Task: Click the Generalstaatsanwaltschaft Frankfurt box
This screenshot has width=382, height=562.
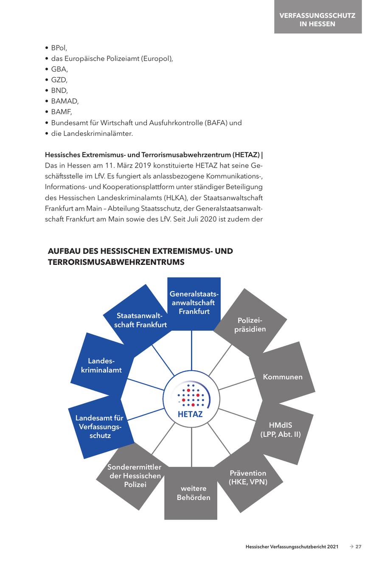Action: (x=194, y=303)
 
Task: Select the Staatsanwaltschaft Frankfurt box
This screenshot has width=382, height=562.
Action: (x=141, y=320)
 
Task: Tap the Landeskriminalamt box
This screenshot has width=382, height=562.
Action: (x=101, y=365)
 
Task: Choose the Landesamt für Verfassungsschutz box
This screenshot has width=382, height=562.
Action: (x=100, y=427)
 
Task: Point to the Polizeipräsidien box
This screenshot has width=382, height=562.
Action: (x=250, y=325)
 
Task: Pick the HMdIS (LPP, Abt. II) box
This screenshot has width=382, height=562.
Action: (x=280, y=430)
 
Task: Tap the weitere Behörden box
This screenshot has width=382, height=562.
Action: (x=193, y=493)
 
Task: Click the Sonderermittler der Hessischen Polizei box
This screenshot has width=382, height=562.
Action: (x=135, y=475)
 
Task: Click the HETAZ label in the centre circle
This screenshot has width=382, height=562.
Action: (x=190, y=414)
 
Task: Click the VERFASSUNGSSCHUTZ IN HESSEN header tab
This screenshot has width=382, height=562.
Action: (x=317, y=20)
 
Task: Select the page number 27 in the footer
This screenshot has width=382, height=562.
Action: (x=358, y=547)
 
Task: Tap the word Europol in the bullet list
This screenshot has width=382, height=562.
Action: (x=159, y=59)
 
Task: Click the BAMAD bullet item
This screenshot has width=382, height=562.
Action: (x=65, y=101)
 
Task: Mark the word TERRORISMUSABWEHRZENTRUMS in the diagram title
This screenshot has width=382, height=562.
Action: (x=116, y=262)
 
